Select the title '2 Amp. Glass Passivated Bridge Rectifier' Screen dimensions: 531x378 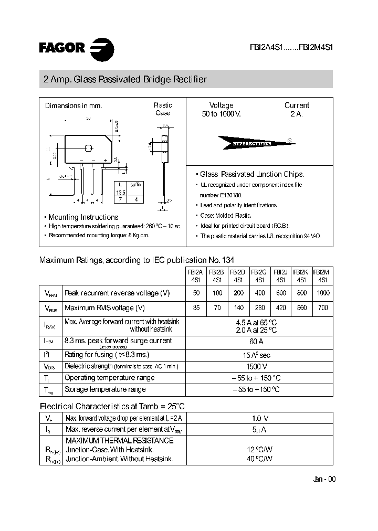[125, 80]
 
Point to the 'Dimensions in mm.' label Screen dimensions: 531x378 [73, 105]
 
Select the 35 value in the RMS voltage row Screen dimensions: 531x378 [196, 308]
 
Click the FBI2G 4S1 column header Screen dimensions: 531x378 [259, 276]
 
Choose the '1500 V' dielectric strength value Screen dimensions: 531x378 [257, 366]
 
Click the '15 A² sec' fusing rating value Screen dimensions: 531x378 [257, 355]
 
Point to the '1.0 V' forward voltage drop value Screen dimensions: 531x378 [257, 418]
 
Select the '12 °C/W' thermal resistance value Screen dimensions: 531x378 [257, 450]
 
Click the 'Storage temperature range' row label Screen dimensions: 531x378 [105, 389]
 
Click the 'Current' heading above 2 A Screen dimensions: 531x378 [297, 105]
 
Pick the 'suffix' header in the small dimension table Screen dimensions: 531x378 [135, 185]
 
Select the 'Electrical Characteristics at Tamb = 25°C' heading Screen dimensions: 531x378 [112, 406]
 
